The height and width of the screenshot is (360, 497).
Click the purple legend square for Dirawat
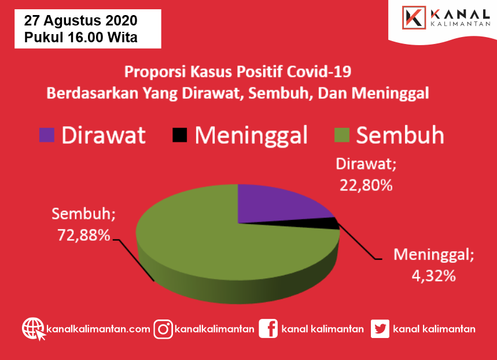[x=47, y=135]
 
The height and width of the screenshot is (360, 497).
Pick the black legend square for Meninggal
[x=179, y=135]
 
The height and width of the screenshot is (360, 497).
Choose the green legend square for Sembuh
[x=342, y=135]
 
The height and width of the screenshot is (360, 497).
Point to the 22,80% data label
[x=366, y=185]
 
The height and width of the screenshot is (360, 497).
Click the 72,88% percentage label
[x=84, y=236]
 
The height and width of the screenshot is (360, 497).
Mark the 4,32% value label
[x=433, y=276]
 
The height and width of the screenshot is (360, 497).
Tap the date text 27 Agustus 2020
[x=81, y=21]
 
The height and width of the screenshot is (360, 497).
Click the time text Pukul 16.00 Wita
[x=81, y=37]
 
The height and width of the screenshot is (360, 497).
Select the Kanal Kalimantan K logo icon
[x=414, y=17]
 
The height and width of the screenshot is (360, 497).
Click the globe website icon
[x=34, y=329]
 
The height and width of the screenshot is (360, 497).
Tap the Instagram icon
[x=163, y=329]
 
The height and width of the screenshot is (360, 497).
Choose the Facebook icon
[x=268, y=329]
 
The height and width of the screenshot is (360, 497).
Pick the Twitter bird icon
[x=380, y=329]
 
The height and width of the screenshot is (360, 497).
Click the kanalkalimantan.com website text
[x=98, y=329]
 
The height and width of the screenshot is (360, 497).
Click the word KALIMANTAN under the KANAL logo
[x=461, y=24]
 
